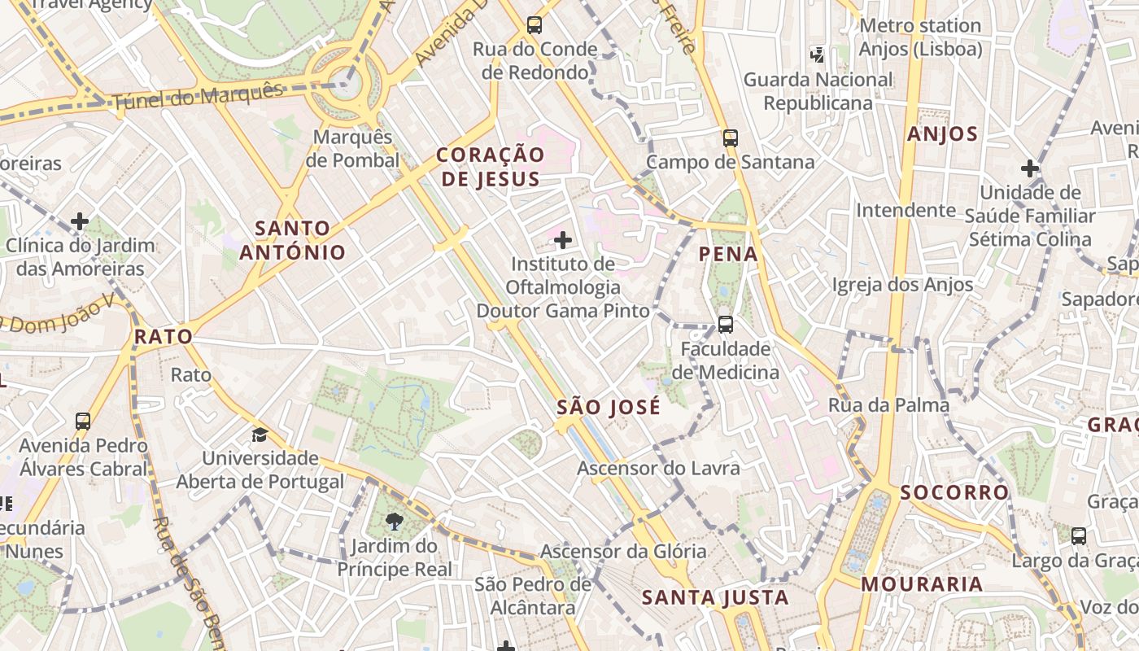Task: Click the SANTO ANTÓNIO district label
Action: coord(292,240)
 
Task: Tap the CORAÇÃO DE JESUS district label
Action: coord(490,167)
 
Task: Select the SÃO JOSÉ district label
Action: coord(609,408)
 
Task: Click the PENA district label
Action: coord(728,254)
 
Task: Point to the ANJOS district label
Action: coord(942,134)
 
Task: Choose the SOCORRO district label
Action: coord(954,492)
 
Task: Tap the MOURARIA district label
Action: coord(922,583)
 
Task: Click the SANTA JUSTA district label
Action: coord(715,598)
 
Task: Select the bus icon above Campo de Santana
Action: coord(730,138)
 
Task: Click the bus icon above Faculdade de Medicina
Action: coord(725,325)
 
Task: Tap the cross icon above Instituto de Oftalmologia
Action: coord(562,240)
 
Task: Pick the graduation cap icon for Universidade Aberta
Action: coord(260,435)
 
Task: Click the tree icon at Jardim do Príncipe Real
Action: coord(395,521)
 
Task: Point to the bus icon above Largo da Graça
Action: coord(1078,536)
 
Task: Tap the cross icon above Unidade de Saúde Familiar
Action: coord(1029,168)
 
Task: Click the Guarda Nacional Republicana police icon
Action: coord(817,55)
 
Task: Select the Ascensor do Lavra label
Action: coord(658,468)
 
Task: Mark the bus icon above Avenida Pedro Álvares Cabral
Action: coord(83,421)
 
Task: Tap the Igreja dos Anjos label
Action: coord(901,285)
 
